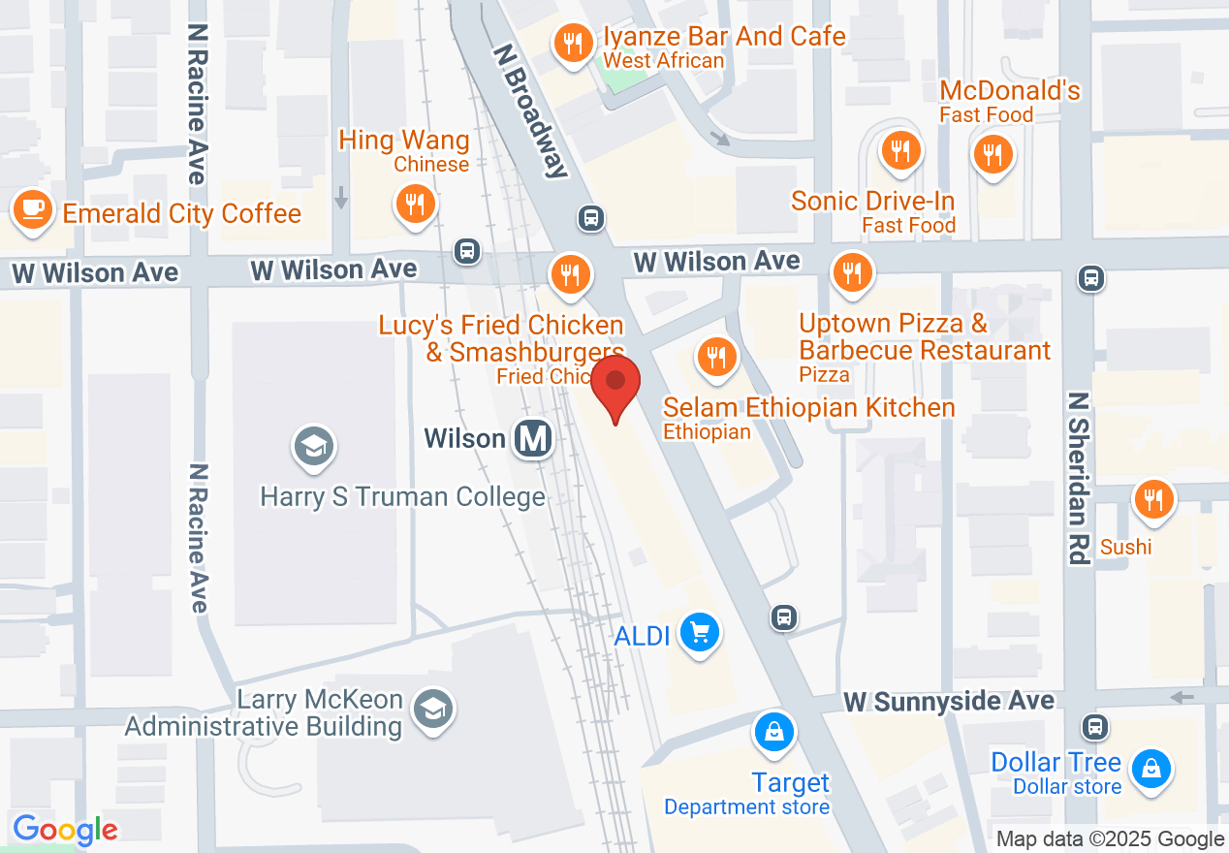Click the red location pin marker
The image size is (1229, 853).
[x=615, y=384]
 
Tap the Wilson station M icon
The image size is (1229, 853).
[x=533, y=439]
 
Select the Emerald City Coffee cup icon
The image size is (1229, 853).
[x=32, y=209]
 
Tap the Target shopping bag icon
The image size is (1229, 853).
[x=774, y=734]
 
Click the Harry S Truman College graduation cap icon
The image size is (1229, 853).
[x=314, y=447]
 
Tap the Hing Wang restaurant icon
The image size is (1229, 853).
[x=415, y=204]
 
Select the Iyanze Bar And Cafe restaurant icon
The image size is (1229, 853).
[x=573, y=43]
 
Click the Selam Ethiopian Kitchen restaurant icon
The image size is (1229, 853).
[x=716, y=357]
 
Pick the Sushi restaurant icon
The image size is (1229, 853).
[x=1152, y=500]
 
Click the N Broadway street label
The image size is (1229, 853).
[x=529, y=111]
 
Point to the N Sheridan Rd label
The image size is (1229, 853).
[x=1078, y=478]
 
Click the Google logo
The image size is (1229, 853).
[x=65, y=830]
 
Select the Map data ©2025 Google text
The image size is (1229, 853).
[x=1110, y=839]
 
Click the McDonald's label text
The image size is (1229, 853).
[x=1010, y=91]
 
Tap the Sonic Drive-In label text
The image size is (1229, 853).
[x=872, y=202]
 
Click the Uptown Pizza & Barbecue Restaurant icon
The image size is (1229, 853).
[x=852, y=274]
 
